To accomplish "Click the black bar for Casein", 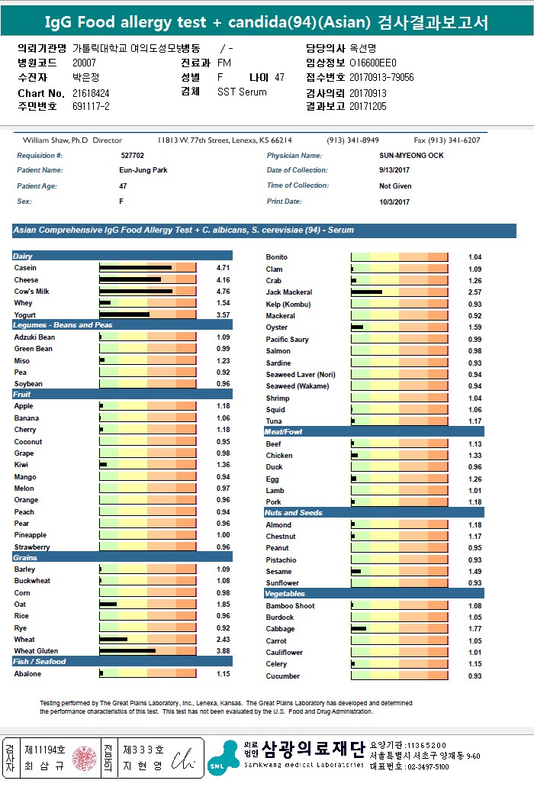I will pos(135,268).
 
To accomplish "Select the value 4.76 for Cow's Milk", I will pos(223,292).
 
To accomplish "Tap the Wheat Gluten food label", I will pos(35,651).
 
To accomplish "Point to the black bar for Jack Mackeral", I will pos(367,292).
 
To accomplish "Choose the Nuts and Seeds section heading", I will pos(294,513).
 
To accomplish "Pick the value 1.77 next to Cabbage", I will pos(474,629).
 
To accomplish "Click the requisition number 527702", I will pos(132,156).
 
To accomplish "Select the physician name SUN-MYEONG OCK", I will pos(411,156).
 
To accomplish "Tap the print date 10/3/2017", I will pos(394,202).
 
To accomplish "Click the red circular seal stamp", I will pos(85,758).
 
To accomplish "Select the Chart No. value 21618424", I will pos(91,93).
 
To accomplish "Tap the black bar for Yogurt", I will pos(124,314).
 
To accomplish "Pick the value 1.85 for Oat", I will pos(223,605).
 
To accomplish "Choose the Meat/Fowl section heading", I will pos(283,432).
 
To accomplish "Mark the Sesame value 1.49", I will pos(474,571).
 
